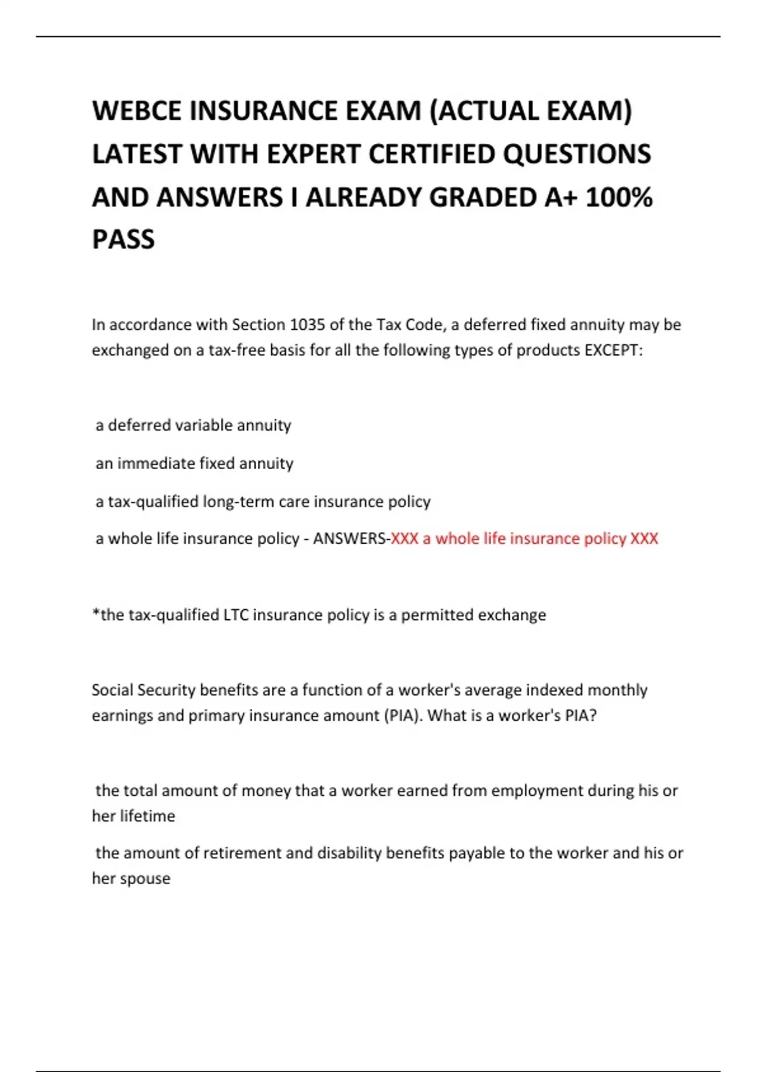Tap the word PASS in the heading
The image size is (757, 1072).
point(123,240)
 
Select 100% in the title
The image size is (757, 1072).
point(619,197)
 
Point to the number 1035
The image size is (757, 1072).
point(307,325)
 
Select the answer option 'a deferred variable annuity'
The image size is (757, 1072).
point(193,426)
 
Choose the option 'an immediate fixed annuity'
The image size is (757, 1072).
point(194,463)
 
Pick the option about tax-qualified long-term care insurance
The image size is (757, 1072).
point(262,501)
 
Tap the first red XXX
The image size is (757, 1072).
point(405,539)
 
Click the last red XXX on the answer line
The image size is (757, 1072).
point(644,539)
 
